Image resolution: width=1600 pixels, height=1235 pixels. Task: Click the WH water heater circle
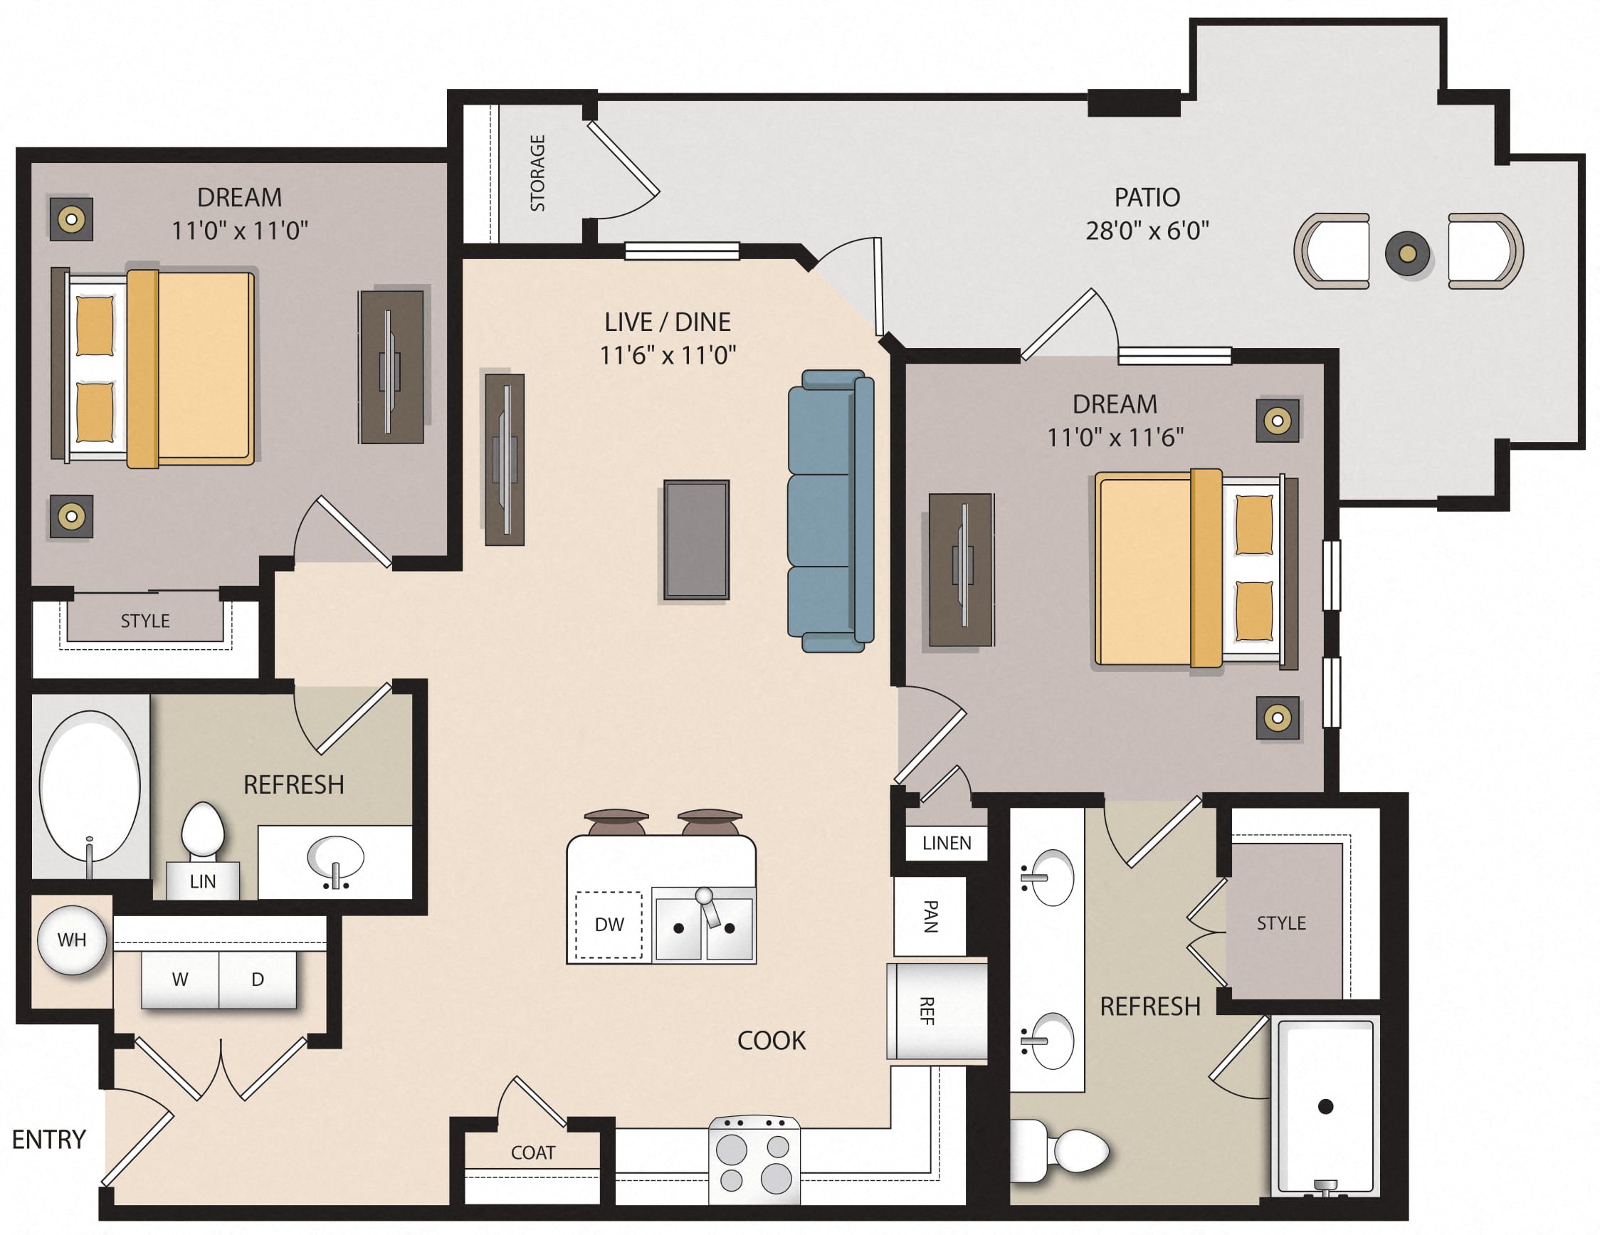point(72,940)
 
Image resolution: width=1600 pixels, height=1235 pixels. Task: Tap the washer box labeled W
point(180,979)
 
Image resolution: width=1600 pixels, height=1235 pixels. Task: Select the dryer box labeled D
point(257,979)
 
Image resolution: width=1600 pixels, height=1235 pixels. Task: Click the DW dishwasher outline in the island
point(609,925)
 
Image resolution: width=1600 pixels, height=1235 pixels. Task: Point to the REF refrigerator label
point(927,1011)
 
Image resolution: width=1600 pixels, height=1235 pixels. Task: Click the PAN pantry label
point(930,916)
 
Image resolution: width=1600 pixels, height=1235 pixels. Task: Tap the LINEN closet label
point(947,843)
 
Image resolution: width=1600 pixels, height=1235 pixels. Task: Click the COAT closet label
point(532,1153)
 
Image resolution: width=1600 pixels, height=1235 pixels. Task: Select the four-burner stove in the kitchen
point(754,1160)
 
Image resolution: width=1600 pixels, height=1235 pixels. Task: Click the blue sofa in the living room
point(829,510)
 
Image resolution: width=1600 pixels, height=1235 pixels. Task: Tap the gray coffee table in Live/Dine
point(696,540)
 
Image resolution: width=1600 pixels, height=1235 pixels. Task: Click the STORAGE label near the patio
point(538,173)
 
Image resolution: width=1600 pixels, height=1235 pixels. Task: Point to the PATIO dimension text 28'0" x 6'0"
point(1147,231)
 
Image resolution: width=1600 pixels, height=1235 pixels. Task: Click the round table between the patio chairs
point(1407,253)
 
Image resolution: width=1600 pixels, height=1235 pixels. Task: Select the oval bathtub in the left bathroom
point(90,786)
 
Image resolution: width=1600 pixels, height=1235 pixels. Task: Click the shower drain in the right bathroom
point(1325,1106)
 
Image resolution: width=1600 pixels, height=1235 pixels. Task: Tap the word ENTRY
point(49,1139)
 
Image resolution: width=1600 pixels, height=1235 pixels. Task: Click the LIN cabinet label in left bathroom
point(202,881)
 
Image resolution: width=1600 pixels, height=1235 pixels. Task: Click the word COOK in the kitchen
point(771,1040)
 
